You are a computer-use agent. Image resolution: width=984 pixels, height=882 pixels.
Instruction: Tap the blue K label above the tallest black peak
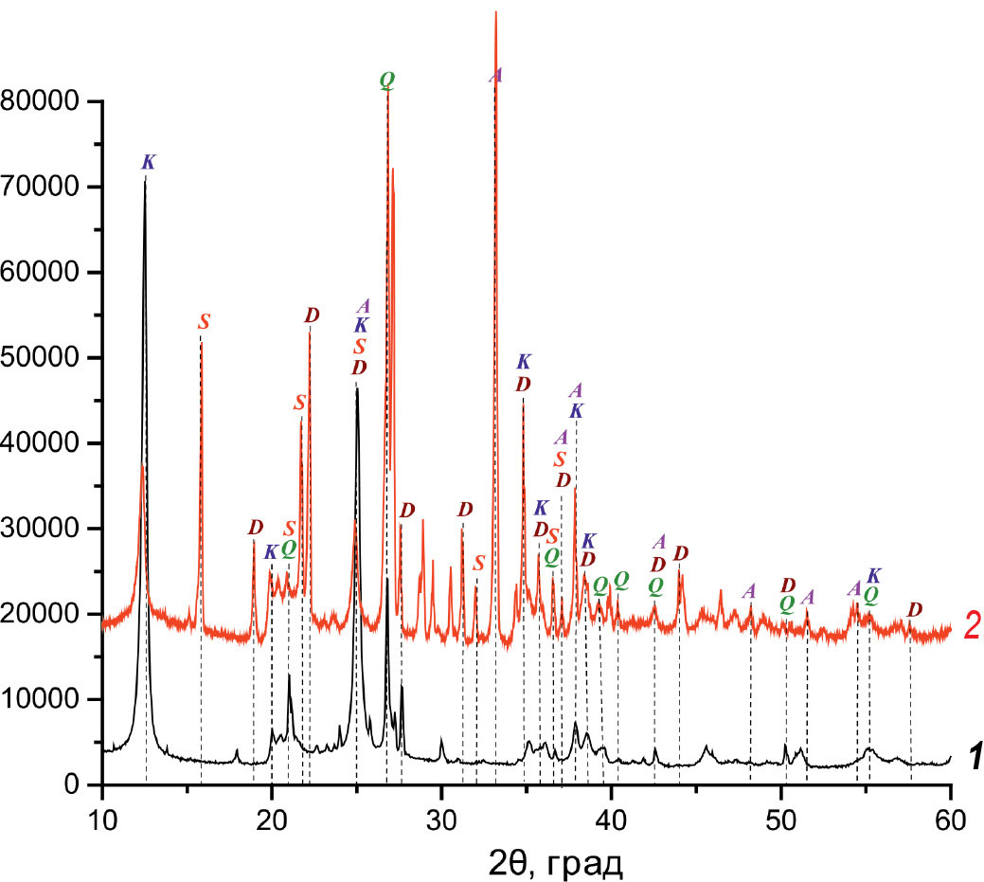(148, 162)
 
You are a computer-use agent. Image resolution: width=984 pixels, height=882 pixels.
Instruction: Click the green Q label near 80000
(386, 80)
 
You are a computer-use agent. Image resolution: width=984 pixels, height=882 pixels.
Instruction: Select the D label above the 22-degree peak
(312, 315)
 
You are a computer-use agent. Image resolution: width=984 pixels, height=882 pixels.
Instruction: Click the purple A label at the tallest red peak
(495, 75)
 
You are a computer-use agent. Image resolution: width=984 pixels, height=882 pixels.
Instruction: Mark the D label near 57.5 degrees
(914, 610)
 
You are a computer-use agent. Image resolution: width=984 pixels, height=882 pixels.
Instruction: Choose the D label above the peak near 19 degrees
(255, 527)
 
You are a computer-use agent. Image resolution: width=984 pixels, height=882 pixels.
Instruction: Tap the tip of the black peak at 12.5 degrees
(145, 179)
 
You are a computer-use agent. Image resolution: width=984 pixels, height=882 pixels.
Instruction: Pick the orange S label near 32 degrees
(478, 563)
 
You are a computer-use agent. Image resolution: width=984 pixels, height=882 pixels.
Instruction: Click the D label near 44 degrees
(680, 553)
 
